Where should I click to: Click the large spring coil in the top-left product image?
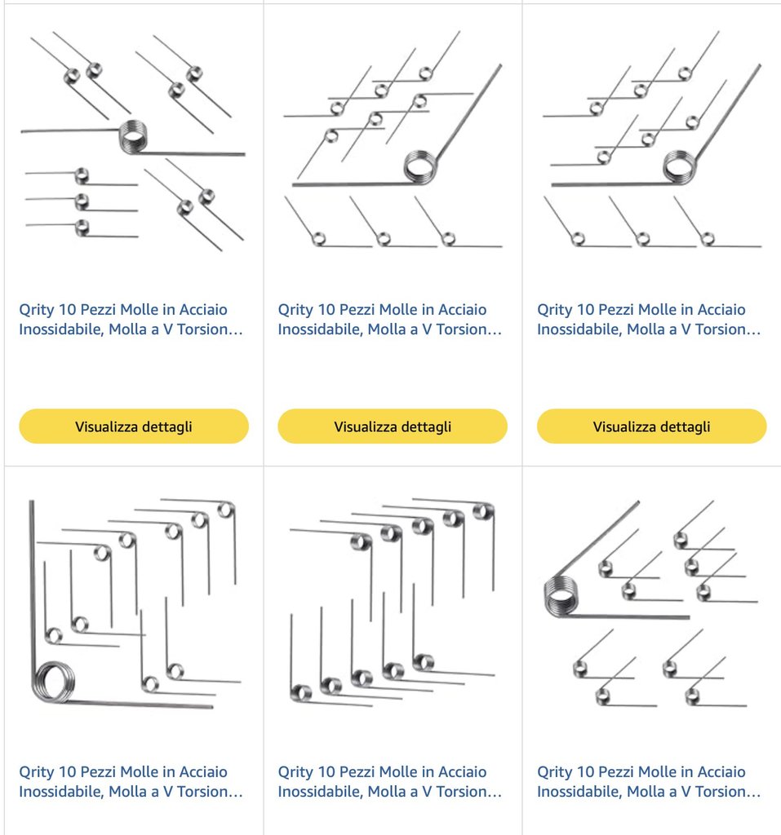tap(132, 136)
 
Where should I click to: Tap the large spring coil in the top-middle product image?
tap(420, 166)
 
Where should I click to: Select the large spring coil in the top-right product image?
tap(680, 166)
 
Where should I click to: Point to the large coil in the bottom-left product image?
tap(53, 682)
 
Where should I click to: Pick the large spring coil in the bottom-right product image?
tap(561, 596)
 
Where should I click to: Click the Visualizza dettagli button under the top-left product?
tap(134, 426)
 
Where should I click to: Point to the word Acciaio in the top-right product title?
tap(721, 309)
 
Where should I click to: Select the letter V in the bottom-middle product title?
tap(427, 791)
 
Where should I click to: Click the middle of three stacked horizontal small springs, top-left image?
tap(82, 202)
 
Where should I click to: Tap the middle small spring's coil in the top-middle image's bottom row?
tap(384, 239)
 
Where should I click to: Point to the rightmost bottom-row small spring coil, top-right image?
tap(708, 239)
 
